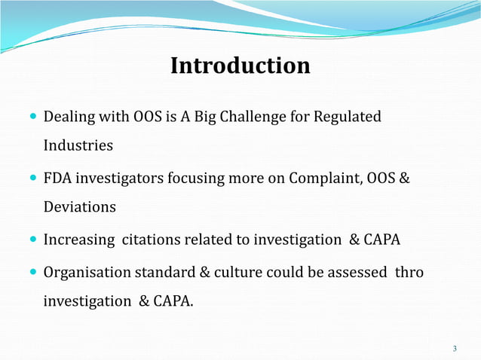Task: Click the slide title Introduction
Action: (x=240, y=66)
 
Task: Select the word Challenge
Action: (x=274, y=117)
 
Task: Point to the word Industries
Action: (x=78, y=145)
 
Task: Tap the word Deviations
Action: (x=80, y=207)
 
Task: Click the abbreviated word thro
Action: (x=409, y=273)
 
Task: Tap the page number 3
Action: (x=455, y=348)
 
